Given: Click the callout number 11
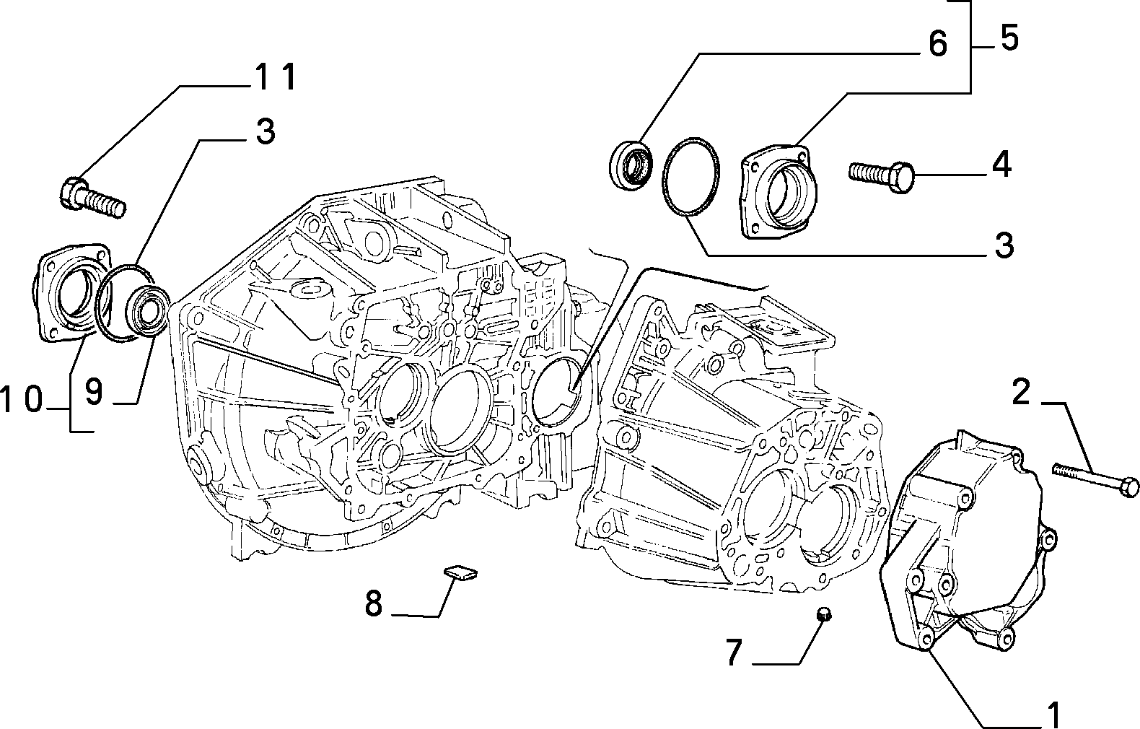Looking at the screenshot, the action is point(276,77).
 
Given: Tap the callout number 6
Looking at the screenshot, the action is point(937,43).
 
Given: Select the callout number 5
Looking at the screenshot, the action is point(1009,38).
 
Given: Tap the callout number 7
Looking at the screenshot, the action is point(733,652).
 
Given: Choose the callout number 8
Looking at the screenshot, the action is point(374,603).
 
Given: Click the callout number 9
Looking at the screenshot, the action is point(94,392).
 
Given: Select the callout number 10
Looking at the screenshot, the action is point(22,399).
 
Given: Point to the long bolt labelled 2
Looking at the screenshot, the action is point(1095,479).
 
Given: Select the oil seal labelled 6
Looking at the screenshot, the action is point(631,165).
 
